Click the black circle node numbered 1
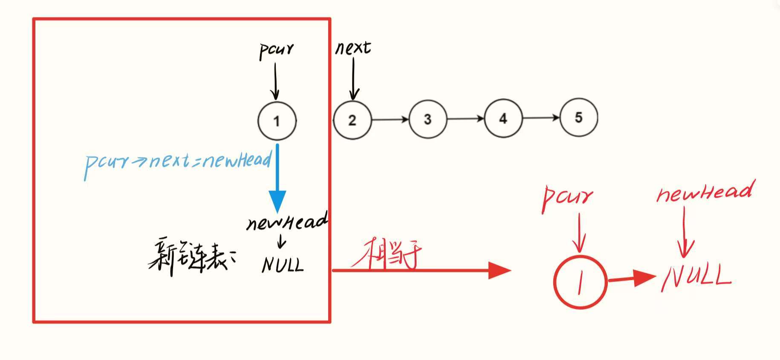tap(277, 121)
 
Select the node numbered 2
tap(352, 120)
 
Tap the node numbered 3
tap(428, 119)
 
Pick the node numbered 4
tap(503, 118)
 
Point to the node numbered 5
tap(578, 117)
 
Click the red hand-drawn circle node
tap(579, 282)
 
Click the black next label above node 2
tap(353, 47)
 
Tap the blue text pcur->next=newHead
tap(178, 162)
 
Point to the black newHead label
tap(286, 222)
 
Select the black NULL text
tap(282, 265)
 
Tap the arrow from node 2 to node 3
tap(390, 120)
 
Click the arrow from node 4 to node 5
tap(540, 118)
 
